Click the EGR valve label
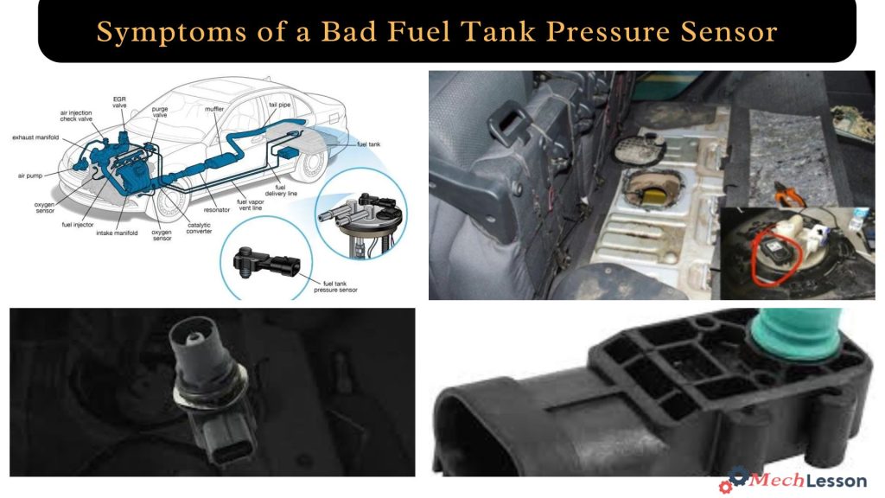click(119, 103)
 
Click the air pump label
click(29, 175)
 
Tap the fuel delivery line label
click(286, 191)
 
